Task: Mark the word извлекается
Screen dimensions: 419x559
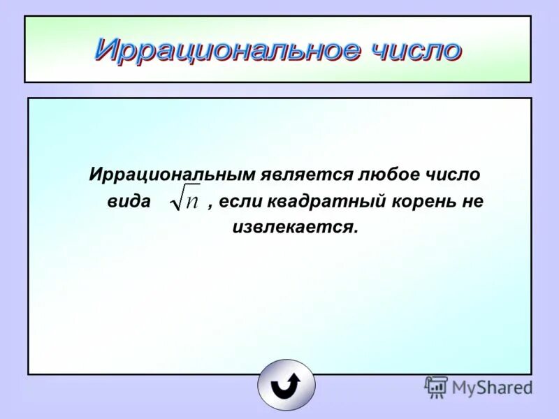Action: coord(294,228)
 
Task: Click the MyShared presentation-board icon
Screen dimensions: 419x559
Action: coord(436,387)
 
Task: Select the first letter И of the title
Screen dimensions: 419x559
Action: coord(104,49)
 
